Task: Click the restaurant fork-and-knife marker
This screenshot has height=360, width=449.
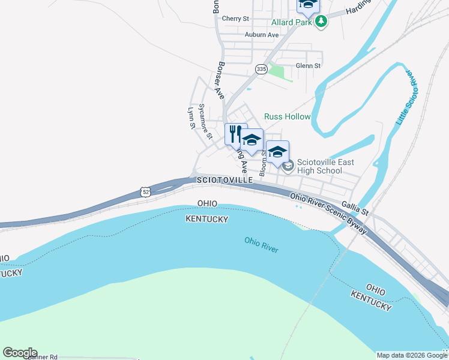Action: (x=235, y=133)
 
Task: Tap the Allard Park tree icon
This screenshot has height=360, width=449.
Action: (x=322, y=22)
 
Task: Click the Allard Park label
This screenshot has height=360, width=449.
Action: (x=291, y=22)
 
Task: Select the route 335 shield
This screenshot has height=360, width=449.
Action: (x=261, y=70)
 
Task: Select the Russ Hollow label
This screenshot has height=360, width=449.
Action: (x=288, y=116)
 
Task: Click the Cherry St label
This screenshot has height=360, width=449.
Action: (x=235, y=19)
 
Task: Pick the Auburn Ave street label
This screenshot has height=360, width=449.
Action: (x=262, y=35)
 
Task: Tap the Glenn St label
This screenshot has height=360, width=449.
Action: (x=308, y=65)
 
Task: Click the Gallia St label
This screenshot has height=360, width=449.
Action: (x=355, y=208)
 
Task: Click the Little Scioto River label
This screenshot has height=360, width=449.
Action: (x=407, y=96)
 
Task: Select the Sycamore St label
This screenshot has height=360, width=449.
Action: (x=205, y=121)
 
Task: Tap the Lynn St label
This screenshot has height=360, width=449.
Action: (x=191, y=118)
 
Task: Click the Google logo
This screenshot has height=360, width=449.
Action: (x=20, y=353)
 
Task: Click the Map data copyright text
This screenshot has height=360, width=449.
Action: (x=412, y=355)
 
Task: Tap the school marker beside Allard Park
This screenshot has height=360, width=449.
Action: (x=308, y=5)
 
